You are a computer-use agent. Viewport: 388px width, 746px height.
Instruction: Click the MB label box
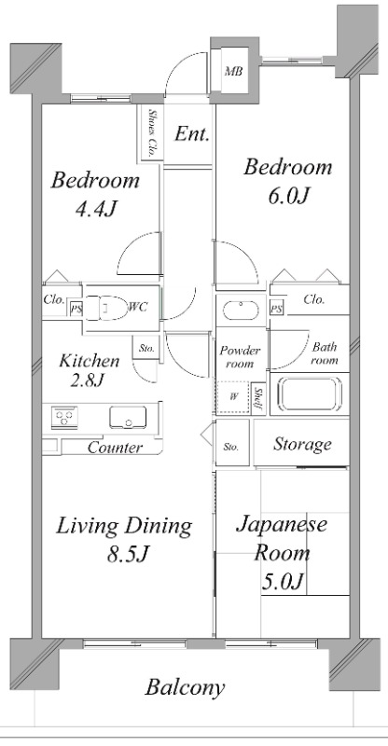pos(232,71)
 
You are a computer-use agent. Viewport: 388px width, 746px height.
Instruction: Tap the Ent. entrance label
pos(191,134)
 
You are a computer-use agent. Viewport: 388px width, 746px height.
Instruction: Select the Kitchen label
pos(90,361)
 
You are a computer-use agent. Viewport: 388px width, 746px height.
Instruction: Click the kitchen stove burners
pos(64,417)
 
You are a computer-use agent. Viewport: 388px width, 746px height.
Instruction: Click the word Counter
pos(115,448)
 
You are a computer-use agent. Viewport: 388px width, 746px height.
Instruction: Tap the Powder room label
pos(240,355)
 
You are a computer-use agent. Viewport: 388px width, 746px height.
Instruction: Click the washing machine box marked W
pos(233,396)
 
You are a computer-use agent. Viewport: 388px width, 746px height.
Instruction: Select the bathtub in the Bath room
pos(307,396)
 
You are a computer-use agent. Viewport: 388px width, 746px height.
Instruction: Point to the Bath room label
pos(324,353)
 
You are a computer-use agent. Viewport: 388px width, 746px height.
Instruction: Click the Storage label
pos(301,444)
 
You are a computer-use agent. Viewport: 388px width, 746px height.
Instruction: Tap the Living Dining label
pos(123,526)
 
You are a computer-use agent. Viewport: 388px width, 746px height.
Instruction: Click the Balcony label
pos(185,688)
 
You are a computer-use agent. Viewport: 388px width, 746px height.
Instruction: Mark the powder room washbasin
pos(240,305)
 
